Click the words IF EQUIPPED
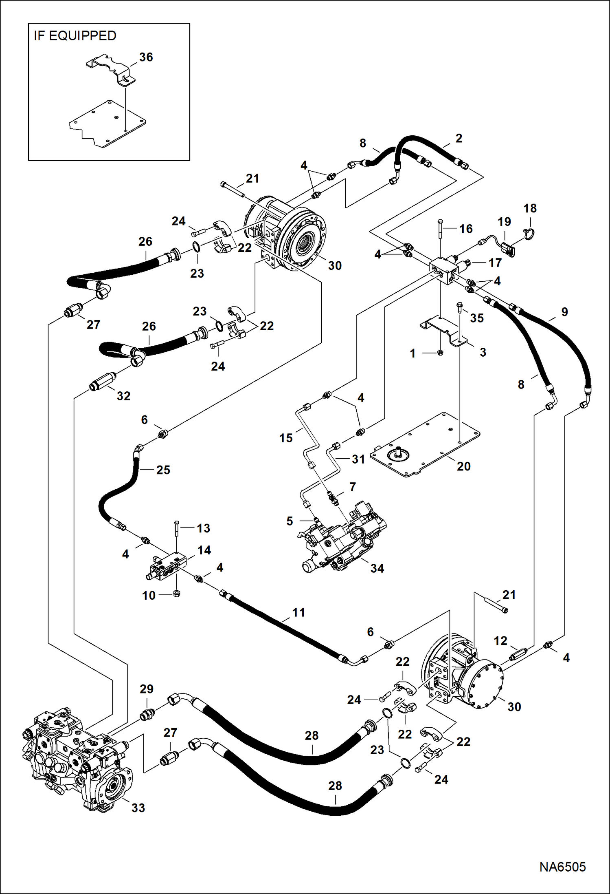[75, 36]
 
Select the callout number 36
[146, 57]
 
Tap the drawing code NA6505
[562, 867]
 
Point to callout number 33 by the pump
[138, 807]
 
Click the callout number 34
[377, 568]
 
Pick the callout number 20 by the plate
[463, 466]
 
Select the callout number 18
[530, 208]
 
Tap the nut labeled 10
[177, 593]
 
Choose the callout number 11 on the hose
[298, 612]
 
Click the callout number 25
[163, 470]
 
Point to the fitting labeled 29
[147, 714]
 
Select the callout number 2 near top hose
[459, 138]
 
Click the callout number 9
[564, 311]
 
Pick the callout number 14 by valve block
[204, 550]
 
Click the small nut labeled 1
[440, 353]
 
